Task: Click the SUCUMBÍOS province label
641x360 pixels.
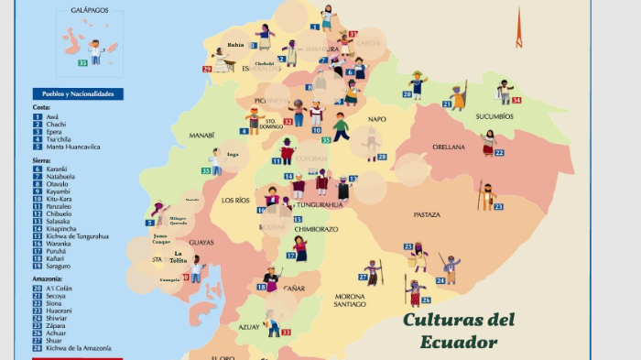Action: [x=494, y=116]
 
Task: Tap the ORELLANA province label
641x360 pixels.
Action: [x=449, y=147]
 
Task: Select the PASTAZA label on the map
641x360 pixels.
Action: [x=427, y=214]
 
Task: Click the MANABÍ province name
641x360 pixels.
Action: [x=201, y=135]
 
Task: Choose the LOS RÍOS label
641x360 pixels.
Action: [x=235, y=200]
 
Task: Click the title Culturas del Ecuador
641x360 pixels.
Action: [x=459, y=330]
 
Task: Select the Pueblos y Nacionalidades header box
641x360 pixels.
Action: [x=78, y=93]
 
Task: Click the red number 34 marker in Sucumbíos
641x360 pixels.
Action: [x=516, y=100]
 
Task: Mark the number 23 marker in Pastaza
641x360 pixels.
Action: [x=498, y=207]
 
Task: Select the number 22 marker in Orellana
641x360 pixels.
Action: [x=499, y=152]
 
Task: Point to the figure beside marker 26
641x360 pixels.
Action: [x=416, y=291]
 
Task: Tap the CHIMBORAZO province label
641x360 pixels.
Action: [x=315, y=229]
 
